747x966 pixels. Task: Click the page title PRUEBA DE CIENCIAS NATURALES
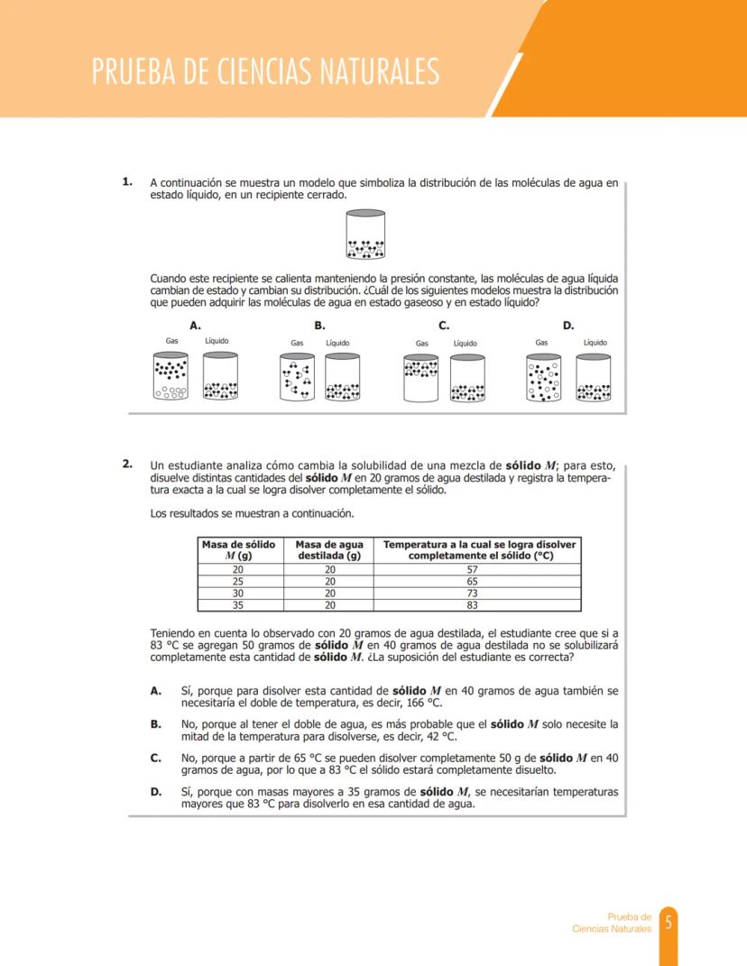click(x=265, y=71)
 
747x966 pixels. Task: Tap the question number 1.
click(x=128, y=182)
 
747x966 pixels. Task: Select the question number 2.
click(x=128, y=465)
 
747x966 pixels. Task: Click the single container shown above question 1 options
click(x=365, y=235)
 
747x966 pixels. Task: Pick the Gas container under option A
click(x=171, y=376)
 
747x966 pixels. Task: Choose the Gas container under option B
click(x=297, y=376)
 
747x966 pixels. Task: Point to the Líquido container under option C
click(x=466, y=377)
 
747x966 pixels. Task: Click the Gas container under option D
click(x=543, y=377)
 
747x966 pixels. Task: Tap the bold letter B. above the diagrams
click(x=318, y=326)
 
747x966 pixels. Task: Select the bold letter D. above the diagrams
click(x=568, y=326)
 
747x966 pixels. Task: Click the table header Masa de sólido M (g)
click(x=238, y=550)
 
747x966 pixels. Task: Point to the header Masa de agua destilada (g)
click(x=329, y=550)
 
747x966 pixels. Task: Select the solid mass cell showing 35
click(x=238, y=605)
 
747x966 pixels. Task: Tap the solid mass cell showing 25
click(x=238, y=582)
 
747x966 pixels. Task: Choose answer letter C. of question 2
click(x=156, y=758)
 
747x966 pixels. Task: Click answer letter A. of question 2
click(x=156, y=691)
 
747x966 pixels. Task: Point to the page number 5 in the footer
click(x=669, y=923)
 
